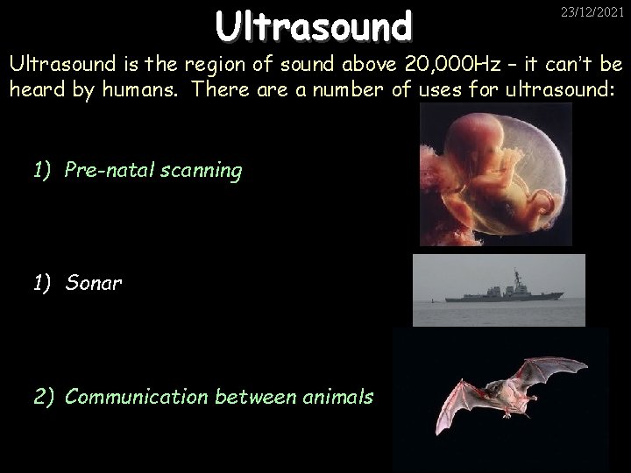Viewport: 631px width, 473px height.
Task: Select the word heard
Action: pos(32,89)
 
